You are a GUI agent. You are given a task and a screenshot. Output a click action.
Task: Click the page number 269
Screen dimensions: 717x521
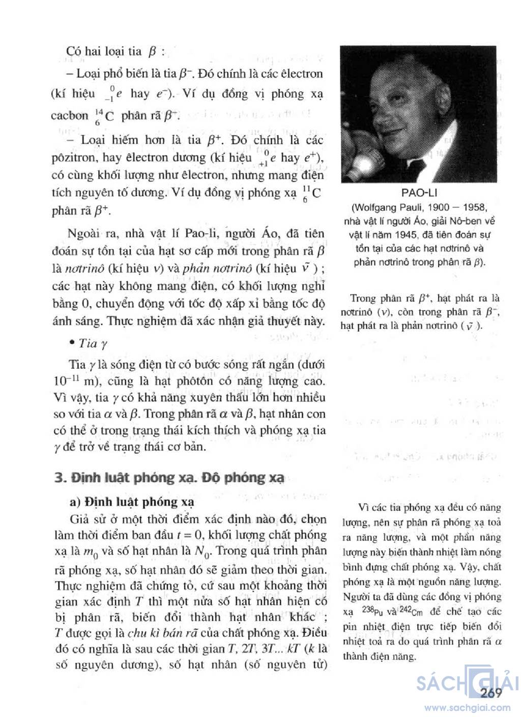coord(491,692)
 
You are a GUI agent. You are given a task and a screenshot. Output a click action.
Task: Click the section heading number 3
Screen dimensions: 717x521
coord(61,478)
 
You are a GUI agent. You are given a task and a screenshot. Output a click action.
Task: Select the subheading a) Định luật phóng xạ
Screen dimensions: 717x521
coord(132,502)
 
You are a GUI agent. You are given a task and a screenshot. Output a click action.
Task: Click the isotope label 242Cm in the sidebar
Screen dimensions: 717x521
coord(405,611)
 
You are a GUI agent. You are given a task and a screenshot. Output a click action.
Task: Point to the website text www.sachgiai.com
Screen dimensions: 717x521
coord(468,707)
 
